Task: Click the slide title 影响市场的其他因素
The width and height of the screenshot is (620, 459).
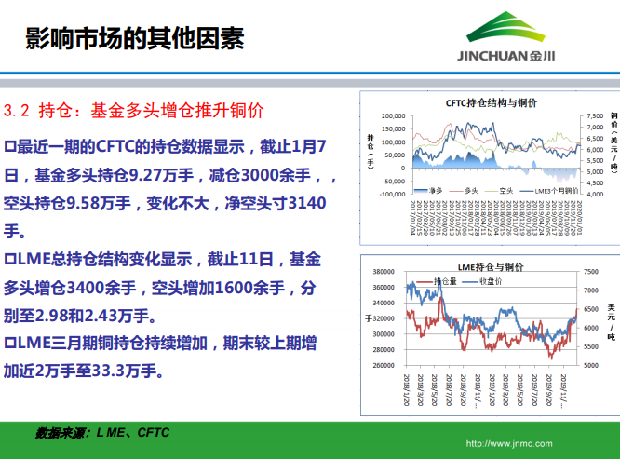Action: point(134,38)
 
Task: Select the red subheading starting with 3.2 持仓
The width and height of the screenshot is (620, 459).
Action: point(134,110)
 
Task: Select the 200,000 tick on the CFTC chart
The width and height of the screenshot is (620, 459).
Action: point(392,116)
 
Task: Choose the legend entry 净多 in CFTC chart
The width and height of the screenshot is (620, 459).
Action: point(430,190)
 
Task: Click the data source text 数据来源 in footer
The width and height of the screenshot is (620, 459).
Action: point(61,433)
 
